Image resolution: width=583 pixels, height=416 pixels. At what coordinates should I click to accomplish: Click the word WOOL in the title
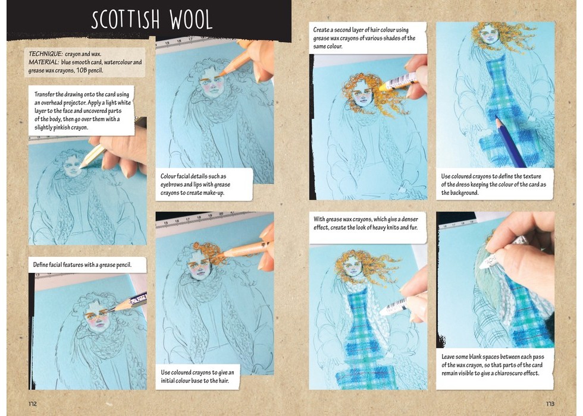coord(191,20)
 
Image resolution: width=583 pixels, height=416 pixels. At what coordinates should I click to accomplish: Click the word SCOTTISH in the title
coord(126,20)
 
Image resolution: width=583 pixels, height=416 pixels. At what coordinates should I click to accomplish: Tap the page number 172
coord(33,404)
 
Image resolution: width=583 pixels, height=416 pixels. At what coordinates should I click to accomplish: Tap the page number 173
coord(550,404)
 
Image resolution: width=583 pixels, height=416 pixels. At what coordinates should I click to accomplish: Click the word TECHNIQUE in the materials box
coord(45,54)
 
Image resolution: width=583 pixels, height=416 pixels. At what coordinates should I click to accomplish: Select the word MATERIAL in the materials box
coord(43,62)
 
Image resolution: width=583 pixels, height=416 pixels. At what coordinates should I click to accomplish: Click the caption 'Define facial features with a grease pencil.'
coord(83,265)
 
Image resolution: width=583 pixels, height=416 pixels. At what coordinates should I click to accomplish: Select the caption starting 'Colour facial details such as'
coord(195,185)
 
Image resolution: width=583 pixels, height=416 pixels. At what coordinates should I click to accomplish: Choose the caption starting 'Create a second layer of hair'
coord(364,38)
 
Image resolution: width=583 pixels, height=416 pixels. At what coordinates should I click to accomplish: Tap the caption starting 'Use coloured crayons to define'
coord(493,185)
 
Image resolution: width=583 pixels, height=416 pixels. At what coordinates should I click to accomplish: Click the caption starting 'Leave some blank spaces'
coord(493,365)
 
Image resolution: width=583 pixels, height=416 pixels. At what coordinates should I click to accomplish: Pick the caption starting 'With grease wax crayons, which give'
coord(365,223)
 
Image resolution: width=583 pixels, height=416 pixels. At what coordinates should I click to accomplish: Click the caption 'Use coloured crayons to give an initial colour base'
coord(198,376)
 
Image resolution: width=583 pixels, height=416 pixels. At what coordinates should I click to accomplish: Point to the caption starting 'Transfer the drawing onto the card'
coord(83,111)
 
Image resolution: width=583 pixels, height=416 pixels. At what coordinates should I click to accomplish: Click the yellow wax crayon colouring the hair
coord(397,82)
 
